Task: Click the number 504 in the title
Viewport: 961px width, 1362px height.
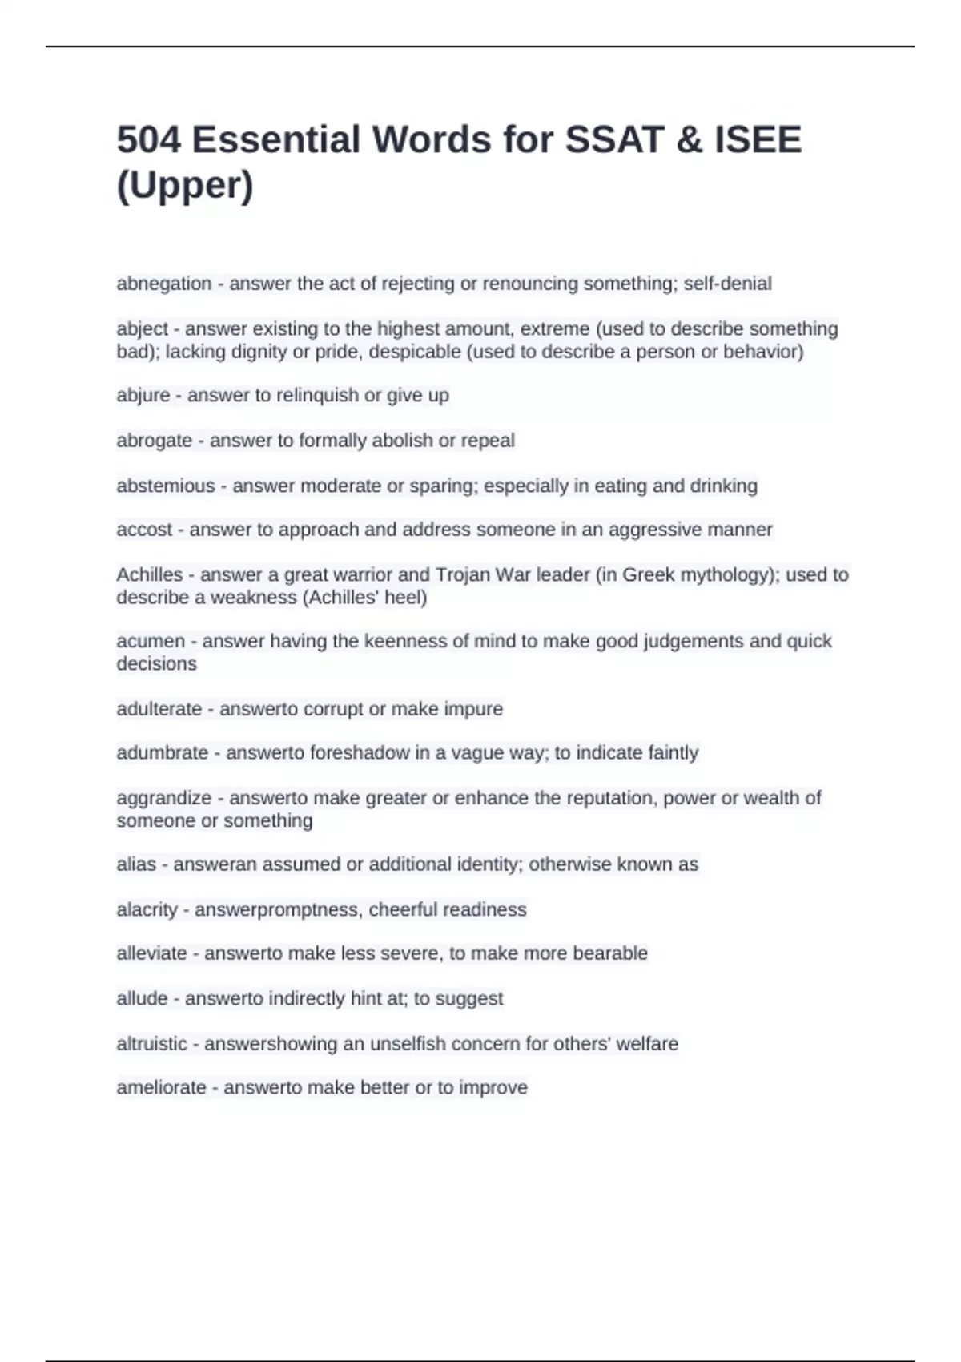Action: pos(148,140)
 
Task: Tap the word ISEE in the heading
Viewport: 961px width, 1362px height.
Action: pos(758,140)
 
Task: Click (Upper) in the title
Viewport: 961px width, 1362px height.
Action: pos(185,186)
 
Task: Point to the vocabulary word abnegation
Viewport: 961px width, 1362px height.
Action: pos(164,284)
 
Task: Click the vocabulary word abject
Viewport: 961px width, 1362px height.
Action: pos(143,328)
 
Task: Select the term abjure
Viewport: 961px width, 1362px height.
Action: pos(143,395)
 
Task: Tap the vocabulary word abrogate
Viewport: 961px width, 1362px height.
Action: pos(154,441)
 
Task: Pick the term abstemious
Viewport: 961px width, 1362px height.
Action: pos(166,486)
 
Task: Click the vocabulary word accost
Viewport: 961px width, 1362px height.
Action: pos(144,530)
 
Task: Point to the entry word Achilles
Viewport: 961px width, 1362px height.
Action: pos(150,574)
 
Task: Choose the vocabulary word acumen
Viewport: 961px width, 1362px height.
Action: pos(151,641)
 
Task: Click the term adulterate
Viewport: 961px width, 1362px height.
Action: pos(159,709)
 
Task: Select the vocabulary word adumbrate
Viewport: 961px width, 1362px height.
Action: pos(162,753)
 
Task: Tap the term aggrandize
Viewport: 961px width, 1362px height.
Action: pos(163,798)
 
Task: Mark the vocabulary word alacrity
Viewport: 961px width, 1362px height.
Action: pos(147,910)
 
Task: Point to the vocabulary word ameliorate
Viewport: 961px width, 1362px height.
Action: pos(161,1088)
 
